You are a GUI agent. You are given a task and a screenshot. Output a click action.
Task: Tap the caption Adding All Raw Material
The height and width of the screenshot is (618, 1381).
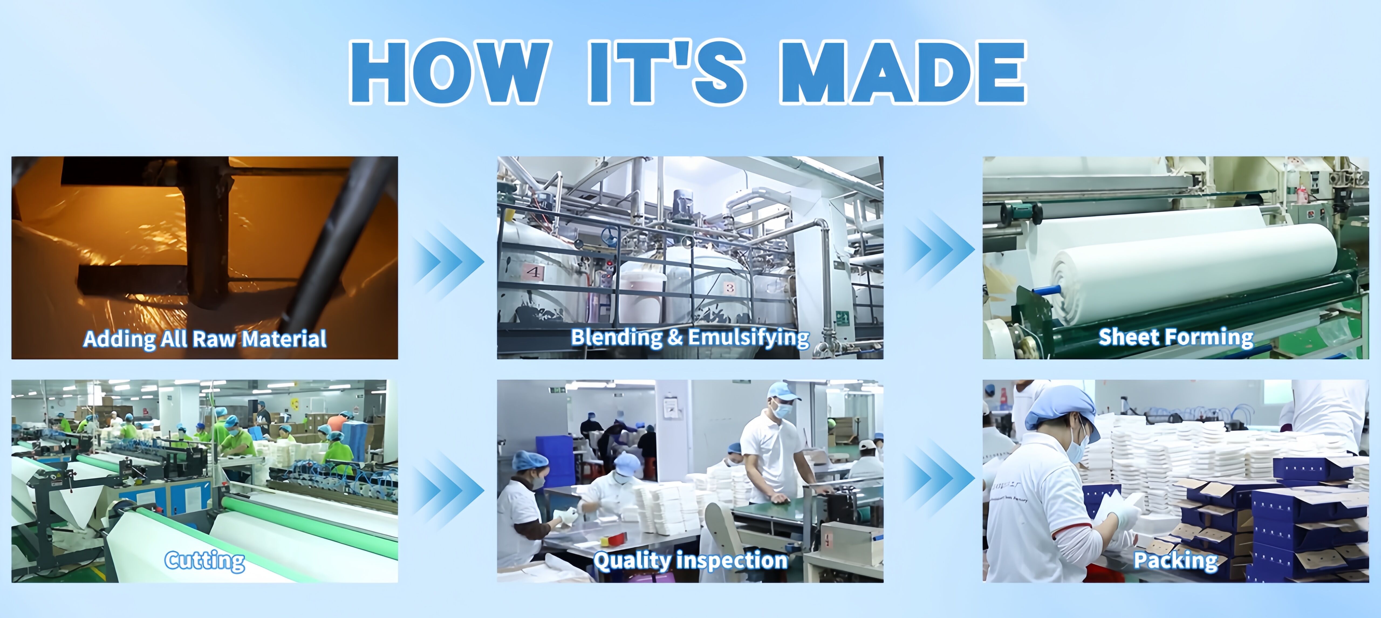point(205,339)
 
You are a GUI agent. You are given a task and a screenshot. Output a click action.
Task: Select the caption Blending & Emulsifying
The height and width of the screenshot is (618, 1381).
point(690,338)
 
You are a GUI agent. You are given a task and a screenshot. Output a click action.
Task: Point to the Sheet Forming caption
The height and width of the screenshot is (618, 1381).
point(1176,337)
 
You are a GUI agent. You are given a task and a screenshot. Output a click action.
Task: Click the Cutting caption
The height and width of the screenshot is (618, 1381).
point(205,561)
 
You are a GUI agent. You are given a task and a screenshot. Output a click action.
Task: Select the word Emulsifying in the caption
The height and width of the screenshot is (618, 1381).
point(748,338)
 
